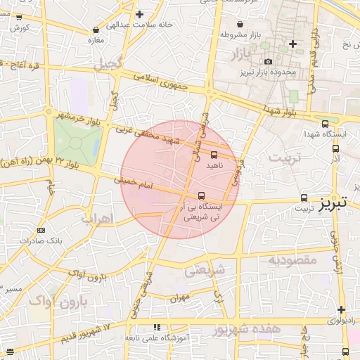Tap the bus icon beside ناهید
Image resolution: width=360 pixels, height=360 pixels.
pos(214,155)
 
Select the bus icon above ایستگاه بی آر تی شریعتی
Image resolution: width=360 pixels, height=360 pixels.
pos(201,195)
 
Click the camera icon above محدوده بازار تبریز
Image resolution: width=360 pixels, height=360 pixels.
pos(268,62)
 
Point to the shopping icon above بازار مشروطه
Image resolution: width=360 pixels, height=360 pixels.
pos(241,24)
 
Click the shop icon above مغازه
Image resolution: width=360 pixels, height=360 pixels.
pos(96,30)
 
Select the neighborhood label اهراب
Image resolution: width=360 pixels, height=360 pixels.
pos(96,219)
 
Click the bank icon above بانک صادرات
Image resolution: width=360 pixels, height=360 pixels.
pos(41,230)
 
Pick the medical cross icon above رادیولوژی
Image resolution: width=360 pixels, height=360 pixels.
pos(341,309)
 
